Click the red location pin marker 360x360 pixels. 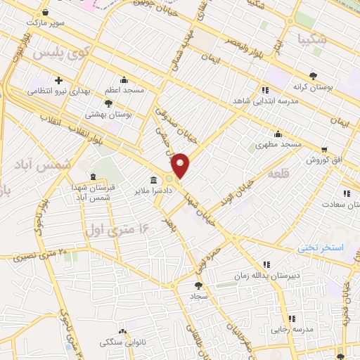[x=181, y=165]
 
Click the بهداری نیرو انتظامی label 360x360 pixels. [x=60, y=91]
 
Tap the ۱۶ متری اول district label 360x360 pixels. [x=116, y=228]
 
